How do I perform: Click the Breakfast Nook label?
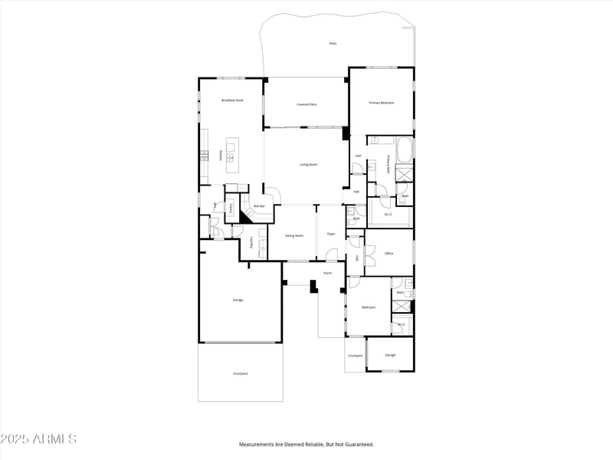point(232,100)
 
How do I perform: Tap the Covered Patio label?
point(307,103)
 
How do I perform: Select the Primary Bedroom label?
point(381,102)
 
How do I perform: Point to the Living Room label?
point(308,164)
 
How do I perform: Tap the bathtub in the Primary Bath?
point(405,149)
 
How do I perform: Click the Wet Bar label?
point(259,205)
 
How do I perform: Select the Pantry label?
point(231,207)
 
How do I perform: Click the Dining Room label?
point(294,235)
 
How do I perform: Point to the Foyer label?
point(331,233)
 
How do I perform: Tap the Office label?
point(389,253)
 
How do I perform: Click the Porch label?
point(327,273)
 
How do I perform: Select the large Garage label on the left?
point(238,300)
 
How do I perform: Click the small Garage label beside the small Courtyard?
point(390,355)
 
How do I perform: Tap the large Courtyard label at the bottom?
point(240,373)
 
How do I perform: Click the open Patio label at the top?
point(333,44)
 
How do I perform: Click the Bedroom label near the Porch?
point(369,307)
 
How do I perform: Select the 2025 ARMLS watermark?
point(38,439)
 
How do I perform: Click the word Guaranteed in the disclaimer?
point(356,445)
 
